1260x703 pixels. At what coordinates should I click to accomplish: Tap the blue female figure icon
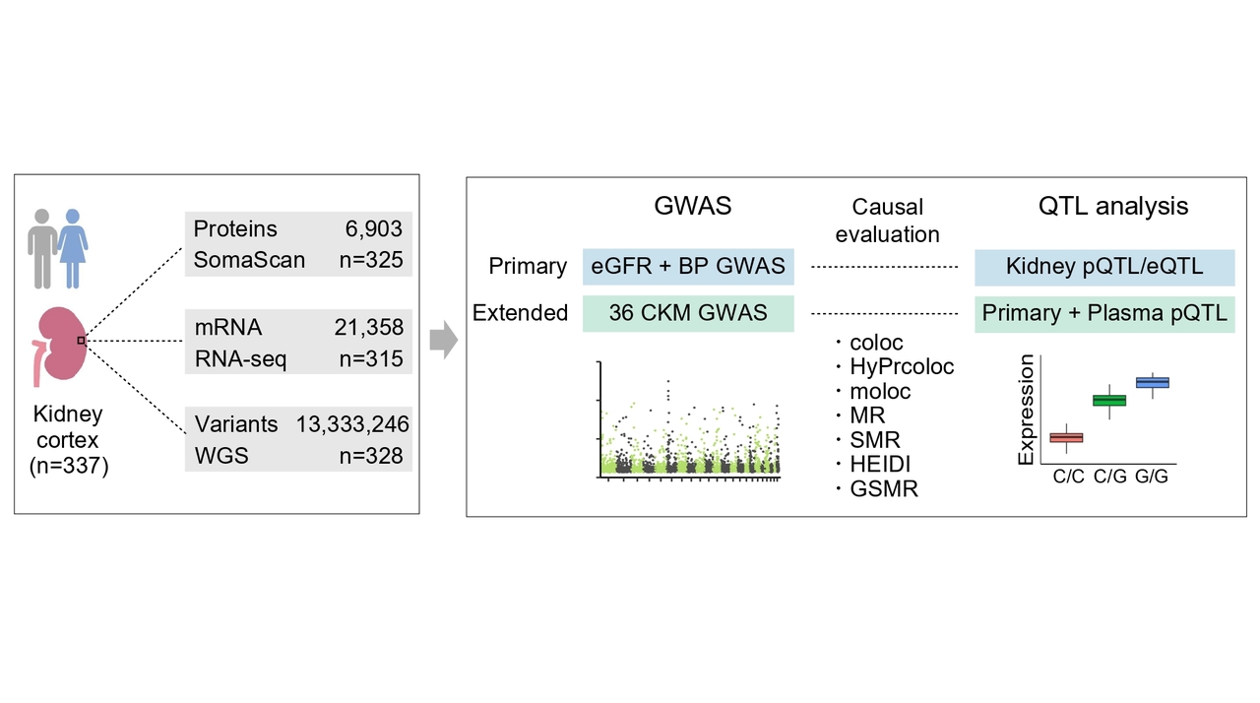[x=73, y=246]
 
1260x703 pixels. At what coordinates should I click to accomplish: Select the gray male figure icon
[x=42, y=247]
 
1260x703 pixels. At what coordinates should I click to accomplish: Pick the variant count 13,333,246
[x=352, y=424]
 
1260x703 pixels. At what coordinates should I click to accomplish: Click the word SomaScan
[x=249, y=260]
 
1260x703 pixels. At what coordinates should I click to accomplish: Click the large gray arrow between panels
[x=444, y=340]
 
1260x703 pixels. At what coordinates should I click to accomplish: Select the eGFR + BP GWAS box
[x=688, y=267]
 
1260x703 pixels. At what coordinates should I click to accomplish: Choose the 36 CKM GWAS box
[x=688, y=313]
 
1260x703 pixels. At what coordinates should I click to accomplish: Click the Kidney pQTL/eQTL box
[x=1104, y=267]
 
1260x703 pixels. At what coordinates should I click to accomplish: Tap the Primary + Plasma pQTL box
[x=1104, y=313]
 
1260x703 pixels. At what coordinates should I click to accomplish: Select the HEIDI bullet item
[x=881, y=464]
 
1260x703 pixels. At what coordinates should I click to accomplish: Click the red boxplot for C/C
[x=1067, y=437]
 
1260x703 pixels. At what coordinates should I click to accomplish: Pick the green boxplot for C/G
[x=1109, y=400]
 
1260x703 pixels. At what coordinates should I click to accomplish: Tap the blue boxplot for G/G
[x=1152, y=382]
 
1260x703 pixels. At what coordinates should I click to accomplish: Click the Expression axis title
[x=1027, y=410]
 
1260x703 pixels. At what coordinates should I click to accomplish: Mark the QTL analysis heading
[x=1113, y=206]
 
